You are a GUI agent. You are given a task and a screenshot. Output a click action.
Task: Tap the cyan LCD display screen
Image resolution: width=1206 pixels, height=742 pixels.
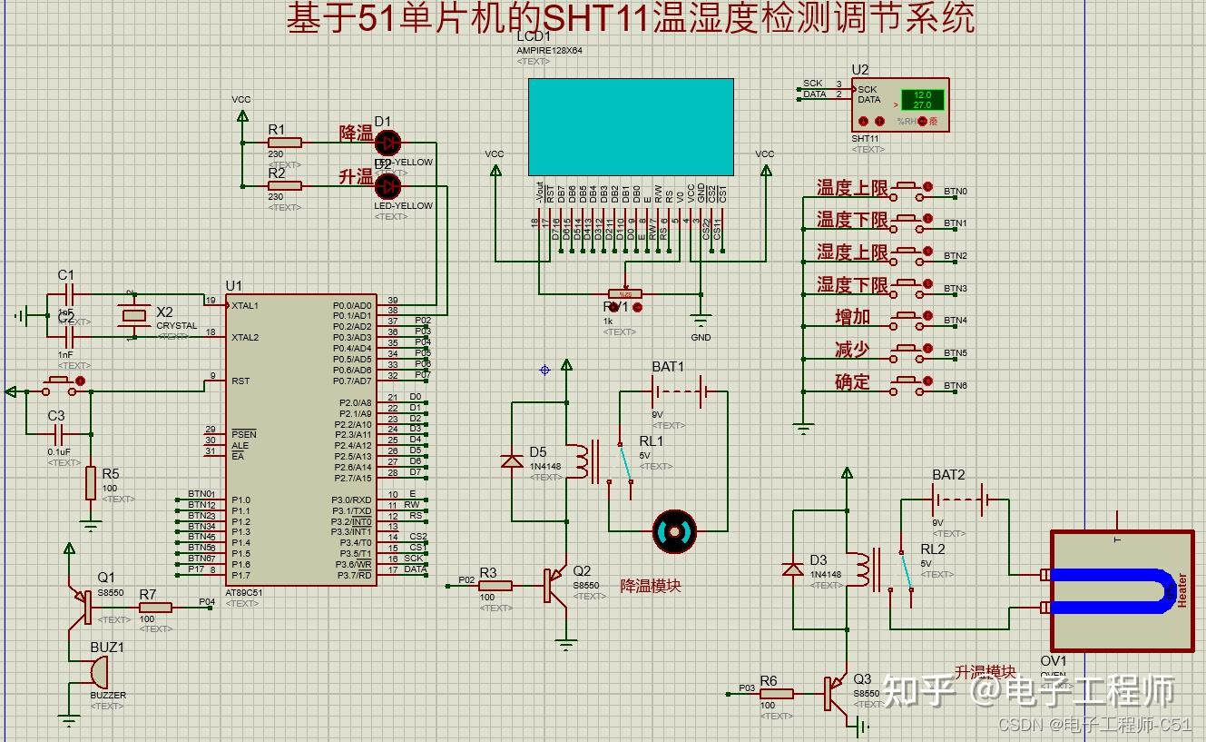[x=631, y=126]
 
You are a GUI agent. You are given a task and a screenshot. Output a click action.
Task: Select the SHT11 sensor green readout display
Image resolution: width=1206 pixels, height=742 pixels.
[x=922, y=100]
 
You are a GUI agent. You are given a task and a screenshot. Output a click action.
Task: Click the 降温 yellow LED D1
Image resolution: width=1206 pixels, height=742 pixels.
[x=387, y=143]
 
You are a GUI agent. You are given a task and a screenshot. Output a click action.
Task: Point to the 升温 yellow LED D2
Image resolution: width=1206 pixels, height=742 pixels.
[x=387, y=186]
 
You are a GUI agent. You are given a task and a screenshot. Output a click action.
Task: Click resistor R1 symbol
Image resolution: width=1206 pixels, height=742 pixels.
[x=284, y=143]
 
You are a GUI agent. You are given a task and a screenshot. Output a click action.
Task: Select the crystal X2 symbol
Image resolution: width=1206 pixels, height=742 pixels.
[x=134, y=315]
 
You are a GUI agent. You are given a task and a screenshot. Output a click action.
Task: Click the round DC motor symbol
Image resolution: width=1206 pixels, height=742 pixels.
[x=675, y=530]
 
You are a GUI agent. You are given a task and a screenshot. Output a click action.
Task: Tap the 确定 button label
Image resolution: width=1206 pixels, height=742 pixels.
[x=852, y=381]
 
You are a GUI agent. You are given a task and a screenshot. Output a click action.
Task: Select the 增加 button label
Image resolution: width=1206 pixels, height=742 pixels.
[x=852, y=317]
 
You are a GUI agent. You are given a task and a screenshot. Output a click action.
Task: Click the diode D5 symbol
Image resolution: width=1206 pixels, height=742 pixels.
[x=512, y=461]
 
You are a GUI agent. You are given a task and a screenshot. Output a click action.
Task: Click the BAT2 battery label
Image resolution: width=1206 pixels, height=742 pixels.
[x=948, y=475]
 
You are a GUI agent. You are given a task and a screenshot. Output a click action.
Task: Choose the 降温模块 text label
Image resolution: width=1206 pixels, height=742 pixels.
[x=650, y=586]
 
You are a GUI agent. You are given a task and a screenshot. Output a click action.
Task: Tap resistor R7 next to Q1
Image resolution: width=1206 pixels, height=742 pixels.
[x=154, y=608]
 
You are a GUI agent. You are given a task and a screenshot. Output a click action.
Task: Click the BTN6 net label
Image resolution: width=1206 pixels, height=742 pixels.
[x=956, y=386]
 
